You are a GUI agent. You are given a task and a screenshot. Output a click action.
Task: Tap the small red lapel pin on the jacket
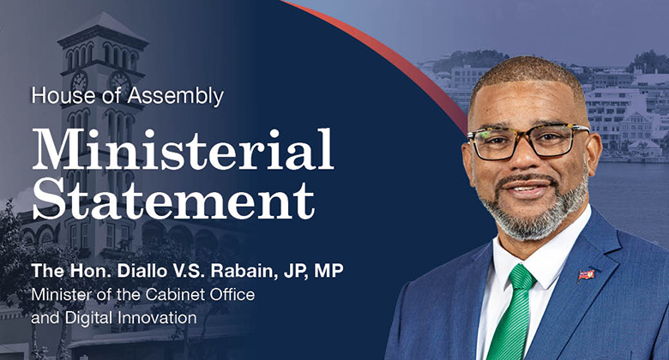(587, 274)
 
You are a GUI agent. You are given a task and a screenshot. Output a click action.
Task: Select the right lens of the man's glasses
(558, 140)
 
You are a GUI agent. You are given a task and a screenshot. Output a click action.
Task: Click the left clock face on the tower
(80, 81)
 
